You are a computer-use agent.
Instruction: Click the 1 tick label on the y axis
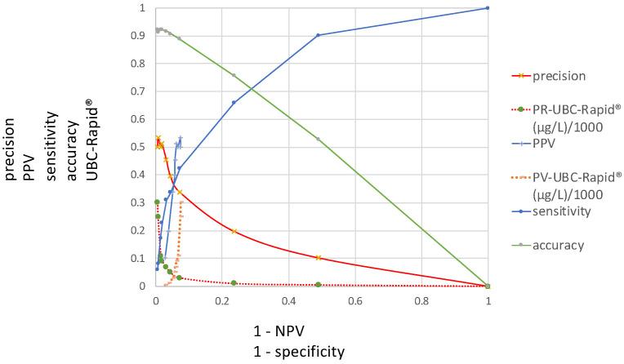tap(145, 8)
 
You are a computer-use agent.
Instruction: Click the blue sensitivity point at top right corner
tap(488, 8)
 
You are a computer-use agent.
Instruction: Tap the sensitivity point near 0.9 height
tap(318, 35)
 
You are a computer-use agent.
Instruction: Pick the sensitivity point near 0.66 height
tap(234, 102)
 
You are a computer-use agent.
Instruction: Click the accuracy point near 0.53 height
tap(318, 139)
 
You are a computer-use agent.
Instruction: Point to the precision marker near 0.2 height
tap(234, 231)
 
